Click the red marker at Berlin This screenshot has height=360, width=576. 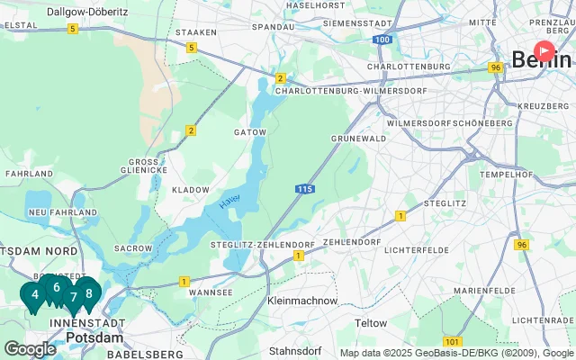[x=545, y=51]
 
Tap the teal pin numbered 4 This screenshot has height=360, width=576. [x=34, y=294]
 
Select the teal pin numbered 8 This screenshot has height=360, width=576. [x=88, y=292]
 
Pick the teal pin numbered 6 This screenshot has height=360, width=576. [x=56, y=288]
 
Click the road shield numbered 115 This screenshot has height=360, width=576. [x=303, y=188]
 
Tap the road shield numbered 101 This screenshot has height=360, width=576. [x=453, y=341]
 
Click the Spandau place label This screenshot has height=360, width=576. [x=273, y=27]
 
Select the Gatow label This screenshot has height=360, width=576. [x=250, y=131]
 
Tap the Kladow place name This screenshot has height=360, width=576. [x=190, y=190]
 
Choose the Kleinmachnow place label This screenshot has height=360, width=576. [x=302, y=301]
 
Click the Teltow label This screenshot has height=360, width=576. [x=371, y=323]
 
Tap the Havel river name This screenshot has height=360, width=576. [x=229, y=203]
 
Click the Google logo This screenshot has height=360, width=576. [x=30, y=348]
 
